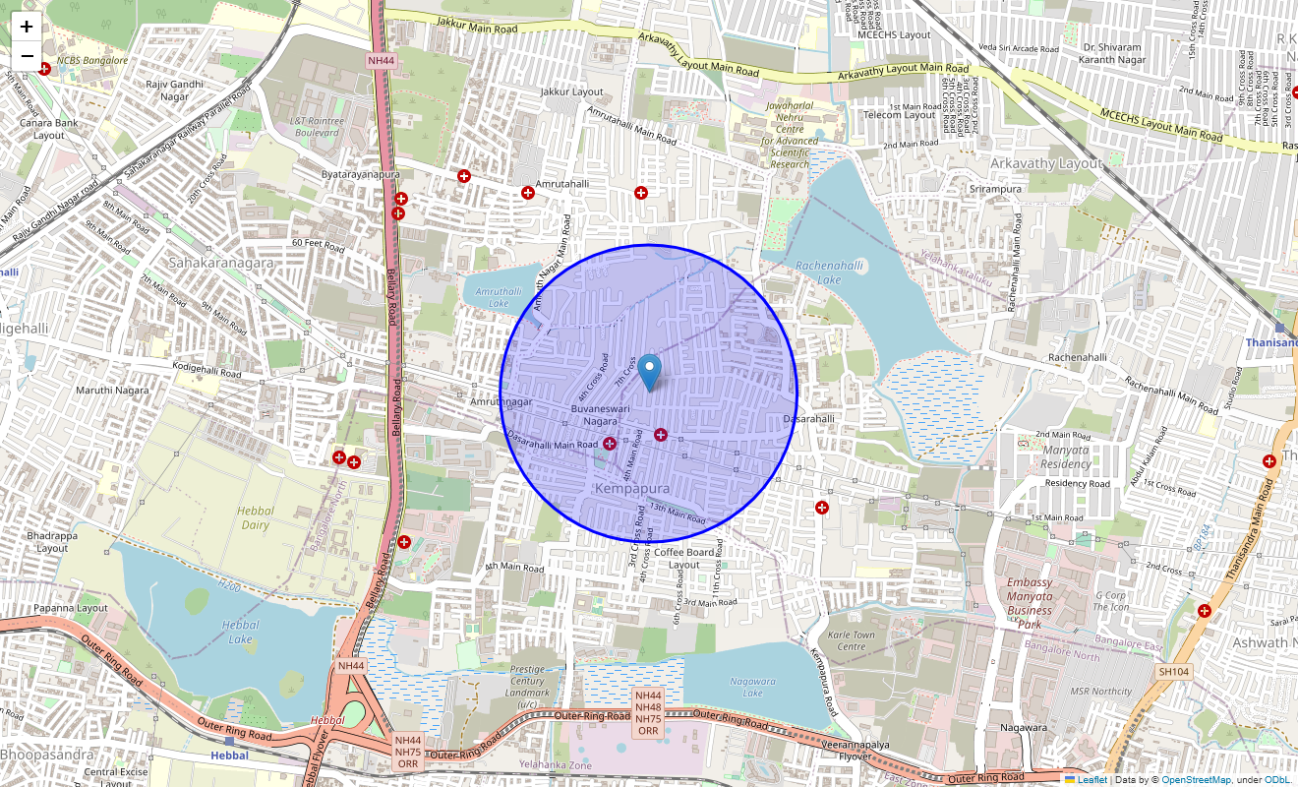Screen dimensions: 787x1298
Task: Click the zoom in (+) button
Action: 27,28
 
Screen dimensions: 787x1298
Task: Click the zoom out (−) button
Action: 27,55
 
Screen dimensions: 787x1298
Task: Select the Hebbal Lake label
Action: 240,632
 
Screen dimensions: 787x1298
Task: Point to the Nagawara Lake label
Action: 752,687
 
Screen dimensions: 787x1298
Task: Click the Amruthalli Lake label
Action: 492,297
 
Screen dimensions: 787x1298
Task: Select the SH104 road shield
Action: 1173,671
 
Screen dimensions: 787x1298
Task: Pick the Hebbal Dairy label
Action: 256,517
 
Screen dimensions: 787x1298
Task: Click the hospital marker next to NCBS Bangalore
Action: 44,68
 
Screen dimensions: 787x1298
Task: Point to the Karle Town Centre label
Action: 852,640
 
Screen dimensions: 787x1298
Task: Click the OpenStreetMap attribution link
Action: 1196,780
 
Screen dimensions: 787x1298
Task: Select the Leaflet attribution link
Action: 1091,780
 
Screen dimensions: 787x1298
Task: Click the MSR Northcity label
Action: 1101,692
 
